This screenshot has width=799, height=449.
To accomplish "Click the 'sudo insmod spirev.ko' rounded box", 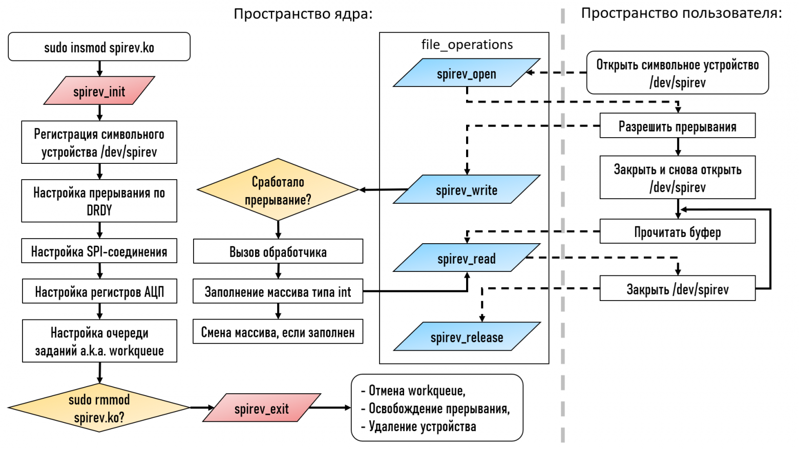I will (x=99, y=47).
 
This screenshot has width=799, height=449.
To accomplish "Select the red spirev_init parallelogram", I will (x=99, y=91).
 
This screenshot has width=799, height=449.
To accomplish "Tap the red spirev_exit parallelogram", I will (x=261, y=408).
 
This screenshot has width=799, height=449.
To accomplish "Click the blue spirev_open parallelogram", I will (x=466, y=73).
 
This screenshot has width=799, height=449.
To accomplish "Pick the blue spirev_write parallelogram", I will (x=466, y=189).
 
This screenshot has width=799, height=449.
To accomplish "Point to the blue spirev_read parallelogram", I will (x=466, y=258).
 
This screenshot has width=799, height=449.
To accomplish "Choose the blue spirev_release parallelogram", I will (x=466, y=337).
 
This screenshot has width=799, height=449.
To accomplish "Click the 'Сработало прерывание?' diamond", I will (x=278, y=190).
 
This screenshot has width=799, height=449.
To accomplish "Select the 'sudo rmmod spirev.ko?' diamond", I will (x=99, y=408).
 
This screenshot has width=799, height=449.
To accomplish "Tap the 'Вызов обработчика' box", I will (x=278, y=251).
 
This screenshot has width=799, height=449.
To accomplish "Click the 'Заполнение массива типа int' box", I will (x=278, y=291).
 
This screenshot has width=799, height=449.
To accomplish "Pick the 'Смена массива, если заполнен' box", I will (x=278, y=332).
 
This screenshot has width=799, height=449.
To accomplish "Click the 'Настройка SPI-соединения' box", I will (x=99, y=251).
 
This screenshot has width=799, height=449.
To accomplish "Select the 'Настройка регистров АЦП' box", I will (x=99, y=291).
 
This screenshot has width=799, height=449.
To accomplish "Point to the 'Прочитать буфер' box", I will (x=677, y=231).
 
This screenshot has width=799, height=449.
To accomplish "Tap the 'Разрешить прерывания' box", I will (x=677, y=126).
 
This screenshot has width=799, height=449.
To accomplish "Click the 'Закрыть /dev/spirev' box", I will (x=677, y=289).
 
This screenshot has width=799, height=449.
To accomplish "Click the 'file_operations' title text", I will (x=467, y=45).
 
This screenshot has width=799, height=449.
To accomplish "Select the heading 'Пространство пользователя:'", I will (x=681, y=13).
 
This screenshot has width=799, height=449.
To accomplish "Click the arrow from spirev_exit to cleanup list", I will (x=330, y=408).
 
